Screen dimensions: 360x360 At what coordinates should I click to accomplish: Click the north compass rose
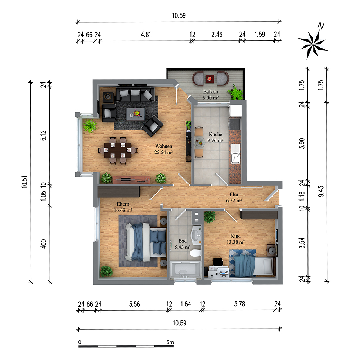click(312, 44)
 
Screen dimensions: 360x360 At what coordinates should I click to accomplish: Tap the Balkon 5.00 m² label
click(211, 94)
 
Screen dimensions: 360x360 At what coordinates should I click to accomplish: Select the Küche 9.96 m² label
click(216, 138)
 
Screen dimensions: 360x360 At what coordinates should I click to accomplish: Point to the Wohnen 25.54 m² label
click(164, 149)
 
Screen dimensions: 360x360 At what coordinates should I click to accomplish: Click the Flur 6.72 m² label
click(234, 197)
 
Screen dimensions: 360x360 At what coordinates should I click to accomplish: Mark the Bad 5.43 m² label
click(182, 244)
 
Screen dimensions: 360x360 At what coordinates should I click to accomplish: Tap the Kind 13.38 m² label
click(236, 239)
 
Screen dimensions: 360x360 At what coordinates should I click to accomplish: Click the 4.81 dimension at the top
click(145, 35)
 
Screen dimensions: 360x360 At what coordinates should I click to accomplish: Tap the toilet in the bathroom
click(195, 253)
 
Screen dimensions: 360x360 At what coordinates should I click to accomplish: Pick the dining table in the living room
click(117, 150)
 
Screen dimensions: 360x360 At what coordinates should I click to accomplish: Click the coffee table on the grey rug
click(136, 113)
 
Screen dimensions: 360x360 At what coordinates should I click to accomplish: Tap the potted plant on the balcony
click(235, 93)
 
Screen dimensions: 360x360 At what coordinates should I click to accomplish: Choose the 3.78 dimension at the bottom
click(239, 304)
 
